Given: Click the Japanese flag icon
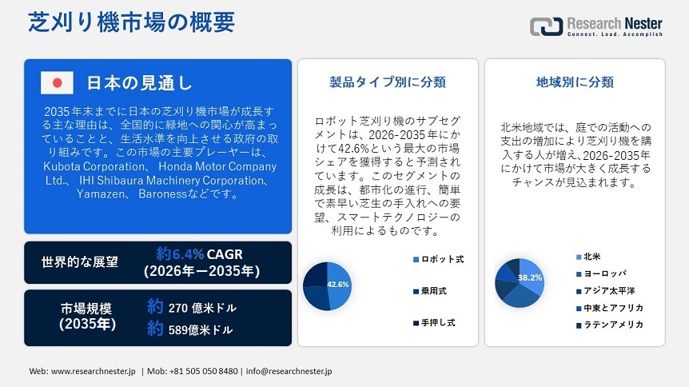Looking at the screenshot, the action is pos(57,82).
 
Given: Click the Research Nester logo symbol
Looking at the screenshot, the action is pos(546,26).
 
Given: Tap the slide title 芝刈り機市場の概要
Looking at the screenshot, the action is pos(131,22).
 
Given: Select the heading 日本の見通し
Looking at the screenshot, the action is pos(139,82).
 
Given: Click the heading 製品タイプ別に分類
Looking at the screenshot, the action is pos(388,82).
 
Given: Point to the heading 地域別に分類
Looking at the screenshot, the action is pos(575,82).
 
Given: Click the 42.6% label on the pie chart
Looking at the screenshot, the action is pos(338,285).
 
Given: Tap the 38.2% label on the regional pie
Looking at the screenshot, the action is pos(530,277).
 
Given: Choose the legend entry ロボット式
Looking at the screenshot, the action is pos(439,259).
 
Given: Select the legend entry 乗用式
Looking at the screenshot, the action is pos(430,291).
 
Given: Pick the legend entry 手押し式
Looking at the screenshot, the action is pos(434,323).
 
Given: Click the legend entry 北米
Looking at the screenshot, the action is pos(588,257).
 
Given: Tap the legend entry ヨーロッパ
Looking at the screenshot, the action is pos(601,274).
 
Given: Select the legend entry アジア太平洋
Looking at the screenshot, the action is pos(606,291).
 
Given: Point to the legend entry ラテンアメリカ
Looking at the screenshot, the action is pos(610,325).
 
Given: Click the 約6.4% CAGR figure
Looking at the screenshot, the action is pos(200,254).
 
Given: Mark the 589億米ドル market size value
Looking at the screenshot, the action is pos(201,329).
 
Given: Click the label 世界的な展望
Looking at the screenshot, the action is pos(80,262).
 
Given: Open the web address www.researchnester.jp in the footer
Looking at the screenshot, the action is pos(94,371).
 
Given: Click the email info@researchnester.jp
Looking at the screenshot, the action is pos(289,371).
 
